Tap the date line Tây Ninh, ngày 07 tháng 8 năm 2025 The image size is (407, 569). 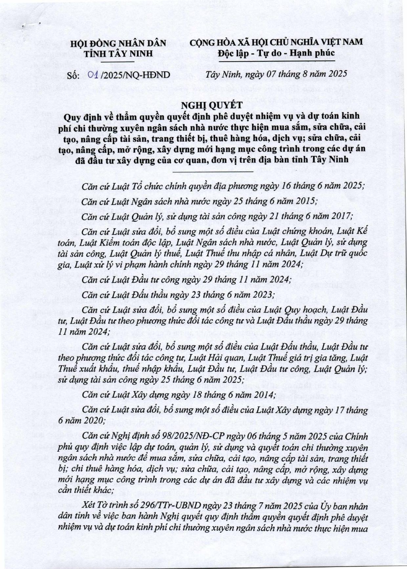click(276, 74)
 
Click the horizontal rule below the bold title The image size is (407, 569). click(213, 171)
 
